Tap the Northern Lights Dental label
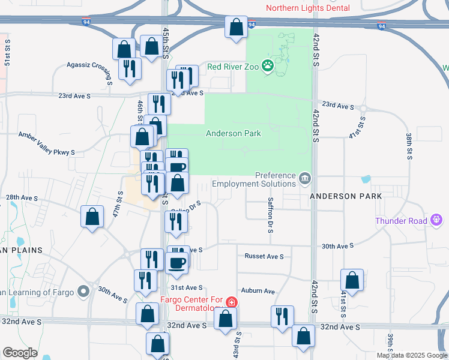(x=307, y=8)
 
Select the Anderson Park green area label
(x=234, y=133)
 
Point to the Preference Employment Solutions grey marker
(x=305, y=179)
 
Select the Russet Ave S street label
(x=264, y=256)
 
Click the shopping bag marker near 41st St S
(x=352, y=280)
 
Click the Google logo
(x=19, y=353)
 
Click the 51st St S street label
(x=7, y=53)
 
